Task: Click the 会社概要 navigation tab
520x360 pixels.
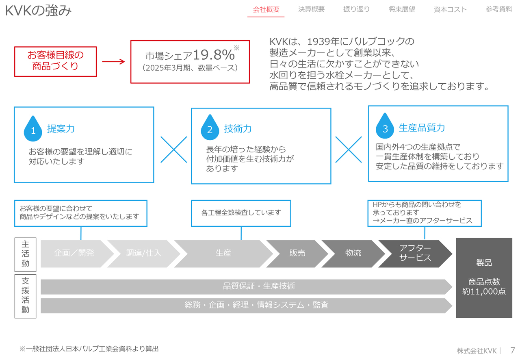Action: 266,9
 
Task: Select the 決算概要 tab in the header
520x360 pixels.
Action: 311,9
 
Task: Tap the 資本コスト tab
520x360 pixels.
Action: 450,9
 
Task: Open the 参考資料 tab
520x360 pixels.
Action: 498,9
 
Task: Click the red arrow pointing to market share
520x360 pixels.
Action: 113,62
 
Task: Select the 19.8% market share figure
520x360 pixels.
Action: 214,54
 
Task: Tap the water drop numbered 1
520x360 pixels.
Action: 33,128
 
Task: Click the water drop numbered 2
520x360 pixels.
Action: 210,128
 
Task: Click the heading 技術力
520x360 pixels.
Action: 238,129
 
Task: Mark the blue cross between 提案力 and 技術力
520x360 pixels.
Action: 174,150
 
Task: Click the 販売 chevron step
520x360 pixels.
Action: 297,253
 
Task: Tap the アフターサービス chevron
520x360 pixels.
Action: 415,253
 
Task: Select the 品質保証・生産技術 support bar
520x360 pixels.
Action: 259,286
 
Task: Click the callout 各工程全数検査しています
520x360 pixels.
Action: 241,213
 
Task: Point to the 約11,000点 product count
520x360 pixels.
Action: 484,291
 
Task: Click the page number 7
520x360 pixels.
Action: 512,350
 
